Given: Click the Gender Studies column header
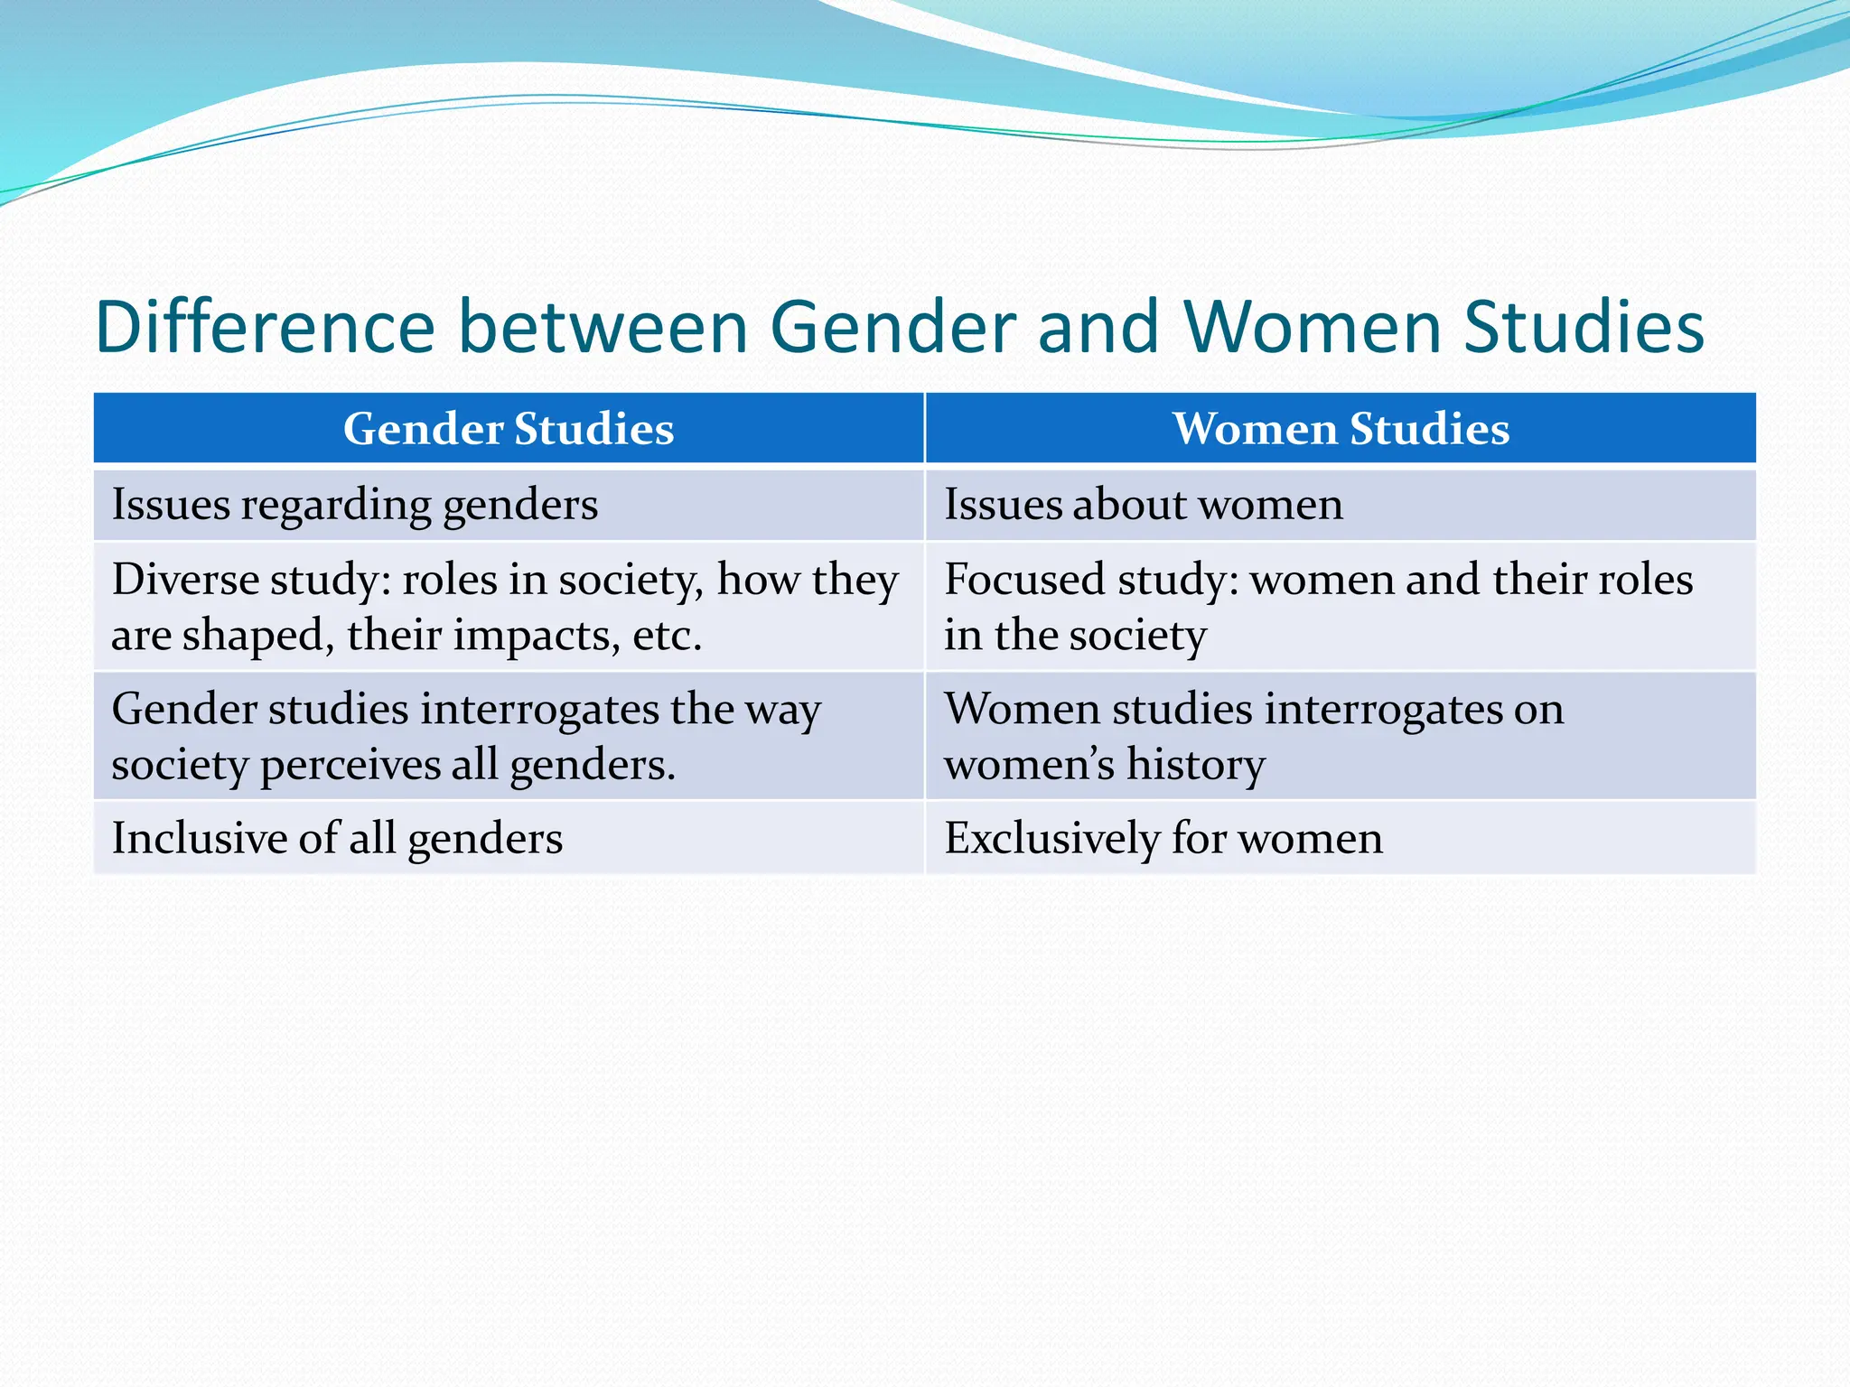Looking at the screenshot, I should tap(509, 428).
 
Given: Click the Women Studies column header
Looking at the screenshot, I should tap(1341, 428).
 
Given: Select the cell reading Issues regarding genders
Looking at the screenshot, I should tap(354, 504).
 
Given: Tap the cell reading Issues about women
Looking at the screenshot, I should tap(1144, 504).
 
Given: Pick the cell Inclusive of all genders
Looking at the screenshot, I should tap(337, 838).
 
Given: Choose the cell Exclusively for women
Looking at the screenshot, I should tap(1163, 838).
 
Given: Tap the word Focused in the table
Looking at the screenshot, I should tap(1023, 579).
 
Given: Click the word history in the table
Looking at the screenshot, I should tap(1195, 765).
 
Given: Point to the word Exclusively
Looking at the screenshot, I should tap(1051, 838).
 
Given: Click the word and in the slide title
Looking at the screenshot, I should tap(1098, 327).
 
